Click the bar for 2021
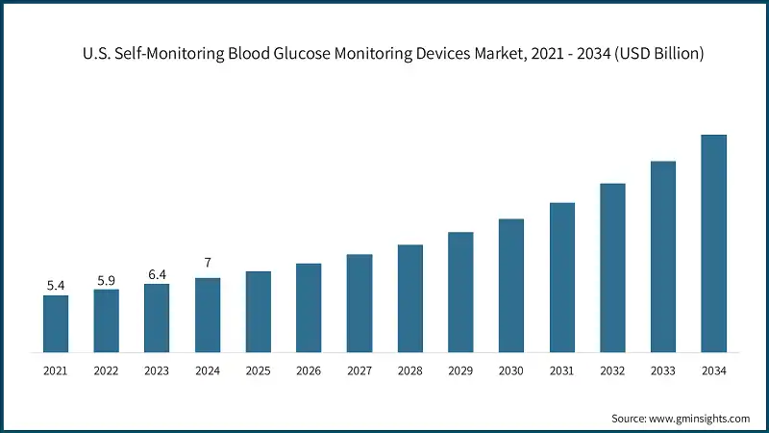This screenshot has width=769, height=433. (x=56, y=323)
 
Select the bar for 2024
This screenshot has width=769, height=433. (x=208, y=315)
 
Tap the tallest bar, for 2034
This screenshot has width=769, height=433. (x=713, y=243)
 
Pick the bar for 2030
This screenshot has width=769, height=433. (x=511, y=285)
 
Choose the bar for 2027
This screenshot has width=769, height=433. (x=360, y=303)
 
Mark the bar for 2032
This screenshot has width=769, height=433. (x=612, y=267)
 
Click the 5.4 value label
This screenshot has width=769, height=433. (x=56, y=286)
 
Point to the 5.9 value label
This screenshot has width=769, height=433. (x=107, y=280)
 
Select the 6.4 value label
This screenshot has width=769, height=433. (x=157, y=274)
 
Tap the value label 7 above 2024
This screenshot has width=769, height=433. (x=208, y=263)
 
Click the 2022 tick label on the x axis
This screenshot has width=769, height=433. (x=107, y=370)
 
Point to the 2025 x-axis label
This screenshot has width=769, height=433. (x=258, y=370)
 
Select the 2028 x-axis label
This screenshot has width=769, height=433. (x=409, y=370)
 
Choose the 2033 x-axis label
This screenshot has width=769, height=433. (x=662, y=370)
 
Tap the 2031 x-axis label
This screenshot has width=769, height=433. (x=561, y=370)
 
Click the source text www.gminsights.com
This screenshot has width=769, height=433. (x=701, y=419)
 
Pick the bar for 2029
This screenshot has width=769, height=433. (x=460, y=292)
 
